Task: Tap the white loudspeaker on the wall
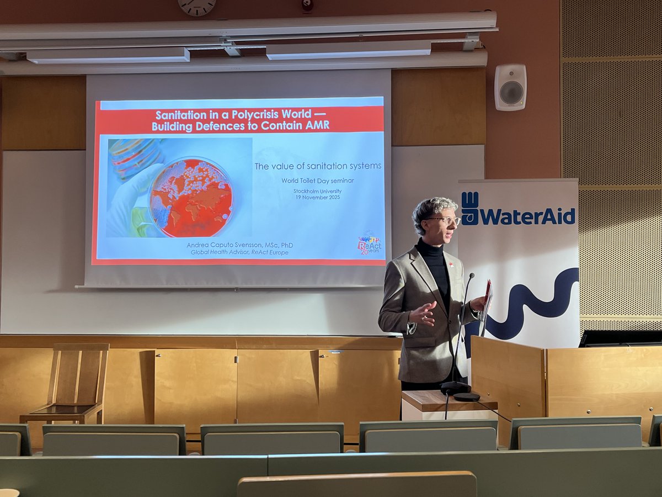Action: click(x=510, y=87)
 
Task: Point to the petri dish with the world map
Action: click(x=190, y=198)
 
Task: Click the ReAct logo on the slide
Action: click(x=369, y=243)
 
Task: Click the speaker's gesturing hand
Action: click(x=423, y=314)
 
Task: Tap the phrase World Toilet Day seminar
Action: click(x=317, y=180)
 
